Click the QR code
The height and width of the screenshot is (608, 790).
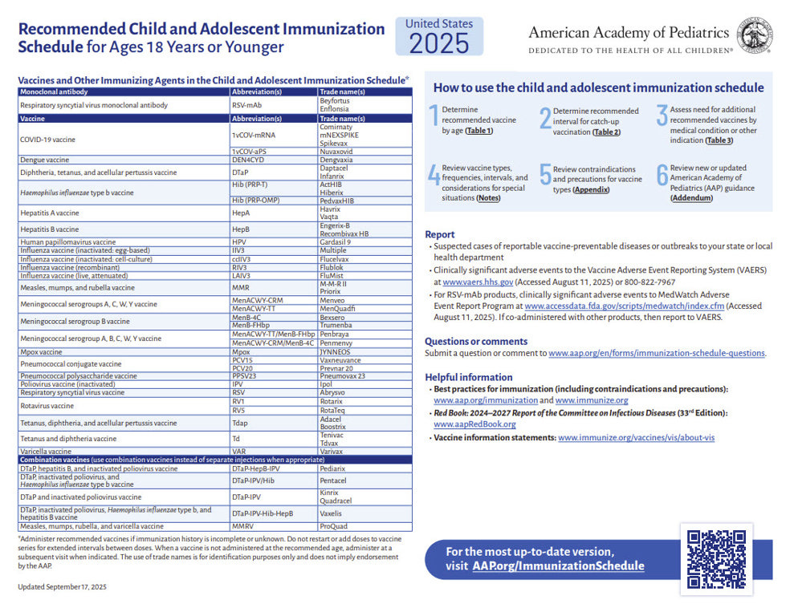coord(716,559)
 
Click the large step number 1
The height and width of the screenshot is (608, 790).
coord(434,118)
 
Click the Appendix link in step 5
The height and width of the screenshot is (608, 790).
coord(591,189)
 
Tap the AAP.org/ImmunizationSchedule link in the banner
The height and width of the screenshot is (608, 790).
coord(558,565)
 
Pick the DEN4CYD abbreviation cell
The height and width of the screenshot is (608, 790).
coord(248,160)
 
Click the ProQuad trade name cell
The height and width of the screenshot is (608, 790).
coord(333,526)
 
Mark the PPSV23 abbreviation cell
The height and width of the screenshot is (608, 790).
coord(244,375)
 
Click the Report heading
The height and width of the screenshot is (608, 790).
coord(440,234)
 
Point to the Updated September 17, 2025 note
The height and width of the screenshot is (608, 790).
coord(62,586)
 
